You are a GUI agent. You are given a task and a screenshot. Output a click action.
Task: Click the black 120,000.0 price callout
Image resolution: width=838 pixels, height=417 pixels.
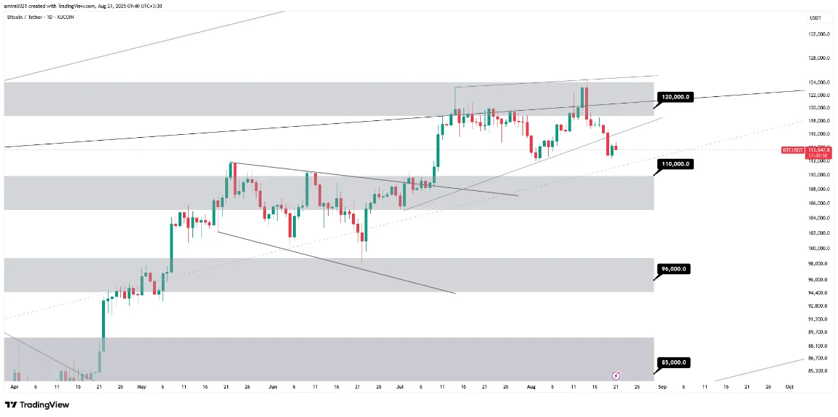tap(675, 97)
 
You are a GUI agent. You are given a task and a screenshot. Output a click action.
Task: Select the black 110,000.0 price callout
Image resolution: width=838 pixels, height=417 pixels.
tap(675, 164)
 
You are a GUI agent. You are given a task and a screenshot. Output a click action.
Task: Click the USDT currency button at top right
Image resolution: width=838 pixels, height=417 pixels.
tap(815, 17)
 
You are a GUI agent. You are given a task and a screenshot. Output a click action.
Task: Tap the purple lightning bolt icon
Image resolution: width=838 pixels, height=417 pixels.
tap(616, 375)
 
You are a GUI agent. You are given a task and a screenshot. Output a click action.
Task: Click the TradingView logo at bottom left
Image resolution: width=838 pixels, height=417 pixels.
tap(32, 405)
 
